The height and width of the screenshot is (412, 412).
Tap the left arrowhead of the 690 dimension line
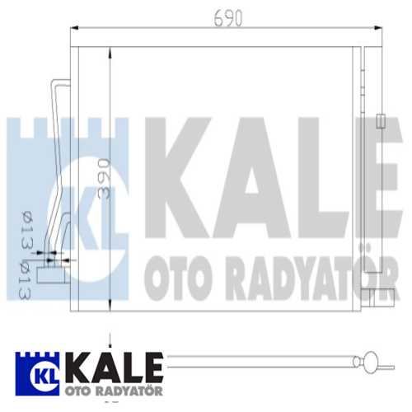point(74,29)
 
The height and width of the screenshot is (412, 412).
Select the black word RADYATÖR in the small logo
point(124,389)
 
